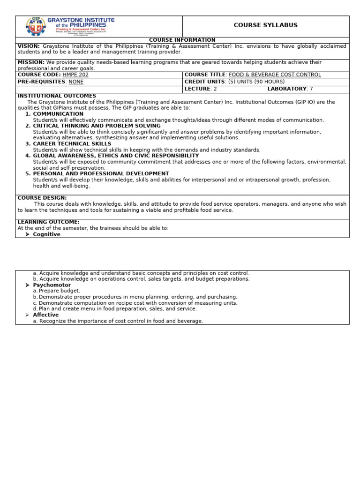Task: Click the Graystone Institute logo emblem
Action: tap(36, 26)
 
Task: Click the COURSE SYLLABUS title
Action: tap(265, 25)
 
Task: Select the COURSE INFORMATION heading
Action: tap(182, 40)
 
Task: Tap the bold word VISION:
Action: tap(29, 46)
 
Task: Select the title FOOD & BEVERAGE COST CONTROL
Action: tap(275, 75)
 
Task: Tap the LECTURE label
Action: tap(197, 89)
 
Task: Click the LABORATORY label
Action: tap(287, 89)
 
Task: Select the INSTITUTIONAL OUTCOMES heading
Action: tap(57, 96)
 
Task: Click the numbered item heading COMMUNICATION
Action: tap(58, 114)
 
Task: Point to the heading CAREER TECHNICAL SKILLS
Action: tap(72, 144)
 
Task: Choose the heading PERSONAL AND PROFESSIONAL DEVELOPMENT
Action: tap(101, 174)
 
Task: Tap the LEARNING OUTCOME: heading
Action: tap(48, 222)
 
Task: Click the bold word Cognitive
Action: tap(46, 234)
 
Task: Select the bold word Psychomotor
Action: tap(52, 285)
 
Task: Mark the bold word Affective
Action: tap(45, 315)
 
